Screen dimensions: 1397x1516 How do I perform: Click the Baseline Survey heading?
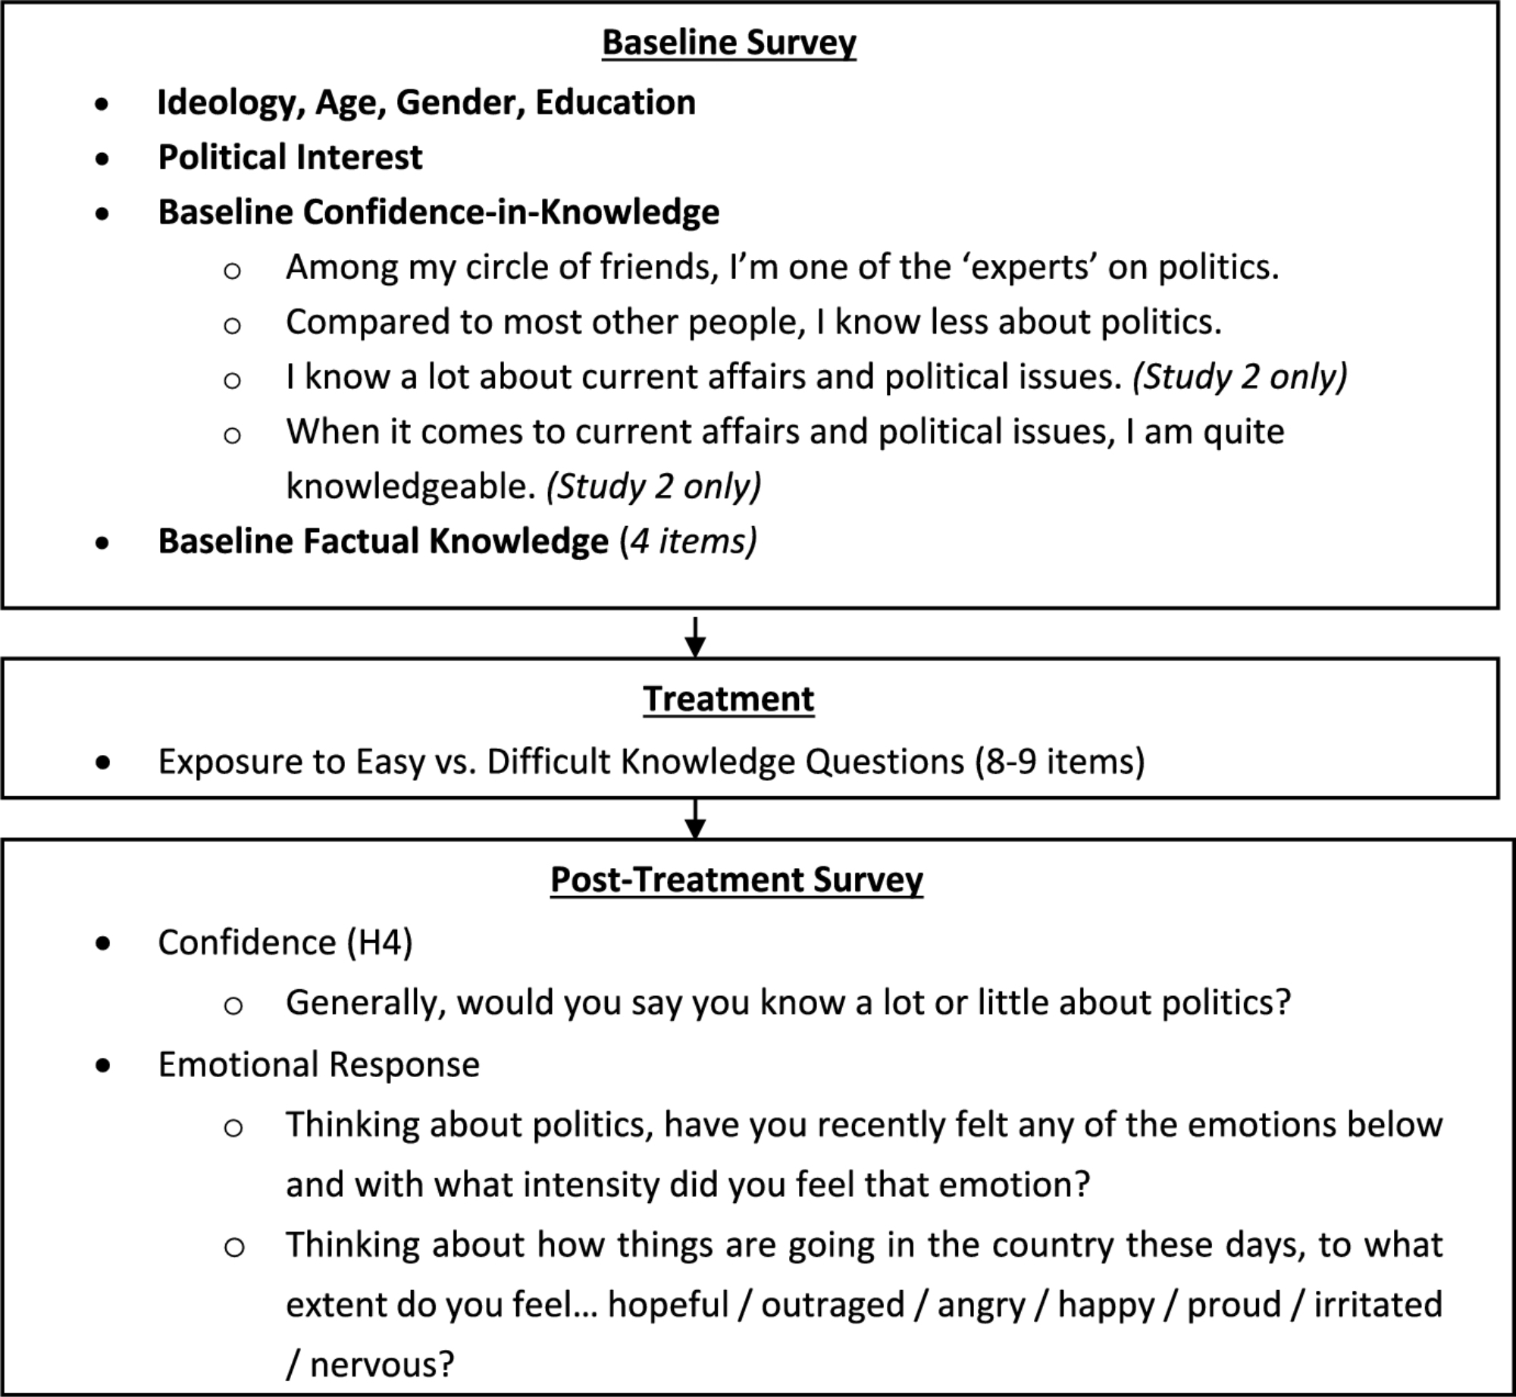pyautogui.click(x=728, y=42)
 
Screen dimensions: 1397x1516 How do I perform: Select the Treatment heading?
pyautogui.click(x=728, y=699)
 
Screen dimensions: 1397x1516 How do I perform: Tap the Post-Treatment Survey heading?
pyautogui.click(x=736, y=879)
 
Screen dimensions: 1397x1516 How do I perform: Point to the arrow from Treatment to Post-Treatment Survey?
pyautogui.click(x=695, y=818)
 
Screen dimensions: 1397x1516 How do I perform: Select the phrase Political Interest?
pyautogui.click(x=290, y=158)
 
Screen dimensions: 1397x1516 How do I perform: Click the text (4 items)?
pyautogui.click(x=688, y=541)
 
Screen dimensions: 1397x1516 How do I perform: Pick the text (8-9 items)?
pyautogui.click(x=1060, y=762)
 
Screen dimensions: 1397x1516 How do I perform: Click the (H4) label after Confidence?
pyautogui.click(x=380, y=943)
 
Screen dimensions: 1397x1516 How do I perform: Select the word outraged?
pyautogui.click(x=832, y=1305)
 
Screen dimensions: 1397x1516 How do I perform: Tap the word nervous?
pyautogui.click(x=381, y=1364)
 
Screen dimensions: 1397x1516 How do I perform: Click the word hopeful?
pyautogui.click(x=668, y=1305)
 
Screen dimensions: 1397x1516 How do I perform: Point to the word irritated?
pyautogui.click(x=1377, y=1305)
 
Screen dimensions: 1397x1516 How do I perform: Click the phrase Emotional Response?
pyautogui.click(x=318, y=1064)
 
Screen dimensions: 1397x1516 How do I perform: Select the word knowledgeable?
pyautogui.click(x=410, y=486)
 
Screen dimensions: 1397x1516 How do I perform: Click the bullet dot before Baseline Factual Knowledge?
pyautogui.click(x=102, y=543)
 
